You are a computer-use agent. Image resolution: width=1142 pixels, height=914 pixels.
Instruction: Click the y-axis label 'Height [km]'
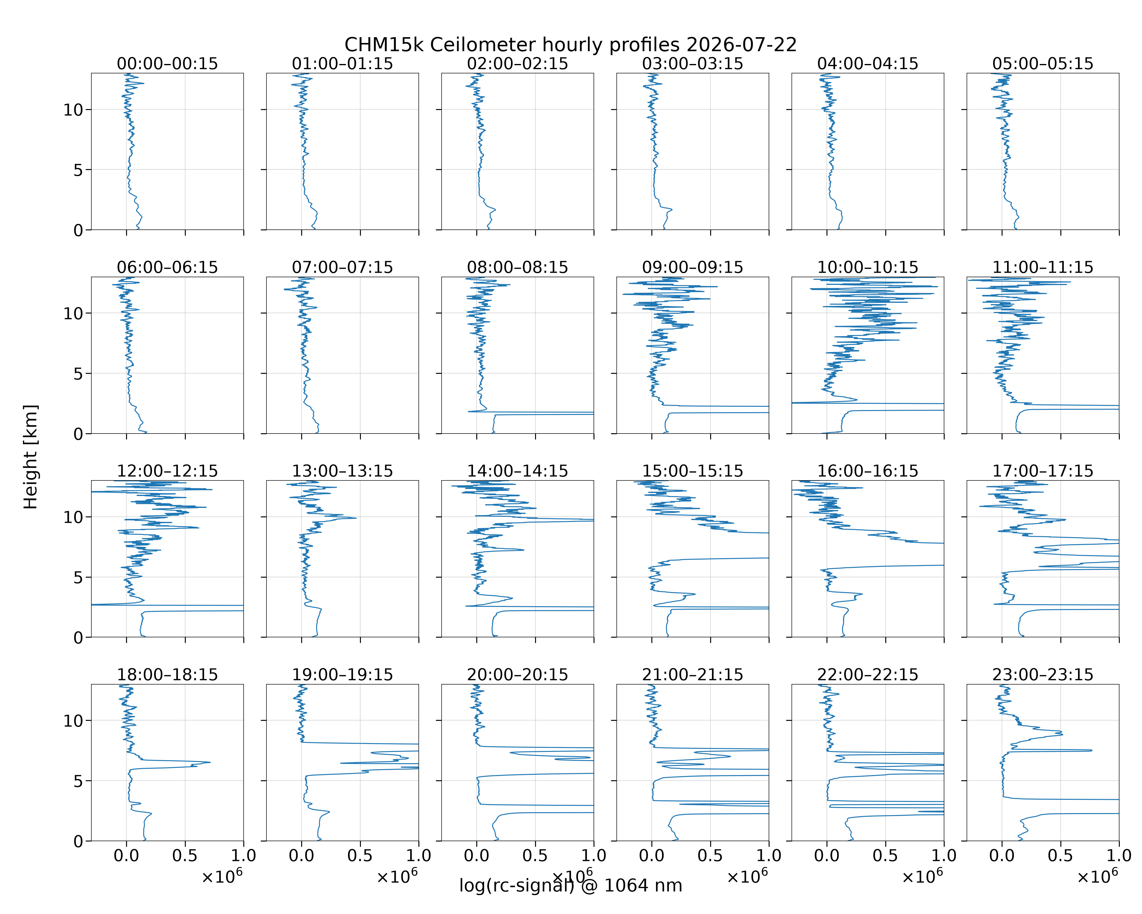tap(31, 457)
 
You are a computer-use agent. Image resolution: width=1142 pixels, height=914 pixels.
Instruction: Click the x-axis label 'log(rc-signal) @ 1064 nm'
tap(570, 885)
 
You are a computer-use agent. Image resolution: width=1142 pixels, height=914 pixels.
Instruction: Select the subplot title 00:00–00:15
tap(167, 64)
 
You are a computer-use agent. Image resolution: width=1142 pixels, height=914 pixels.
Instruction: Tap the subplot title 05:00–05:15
tap(1043, 64)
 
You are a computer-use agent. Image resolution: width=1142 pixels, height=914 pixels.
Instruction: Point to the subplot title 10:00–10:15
tap(868, 267)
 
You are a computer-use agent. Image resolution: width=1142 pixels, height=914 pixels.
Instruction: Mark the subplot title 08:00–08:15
tap(517, 267)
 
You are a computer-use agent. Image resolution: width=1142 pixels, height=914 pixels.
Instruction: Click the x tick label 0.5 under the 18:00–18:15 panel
tap(185, 856)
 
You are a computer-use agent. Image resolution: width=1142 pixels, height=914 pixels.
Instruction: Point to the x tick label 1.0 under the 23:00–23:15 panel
tap(1119, 856)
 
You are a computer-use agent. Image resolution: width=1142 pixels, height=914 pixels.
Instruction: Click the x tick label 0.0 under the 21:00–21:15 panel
tap(651, 856)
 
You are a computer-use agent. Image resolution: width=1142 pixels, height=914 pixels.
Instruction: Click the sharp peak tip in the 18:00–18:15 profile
tap(210, 763)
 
